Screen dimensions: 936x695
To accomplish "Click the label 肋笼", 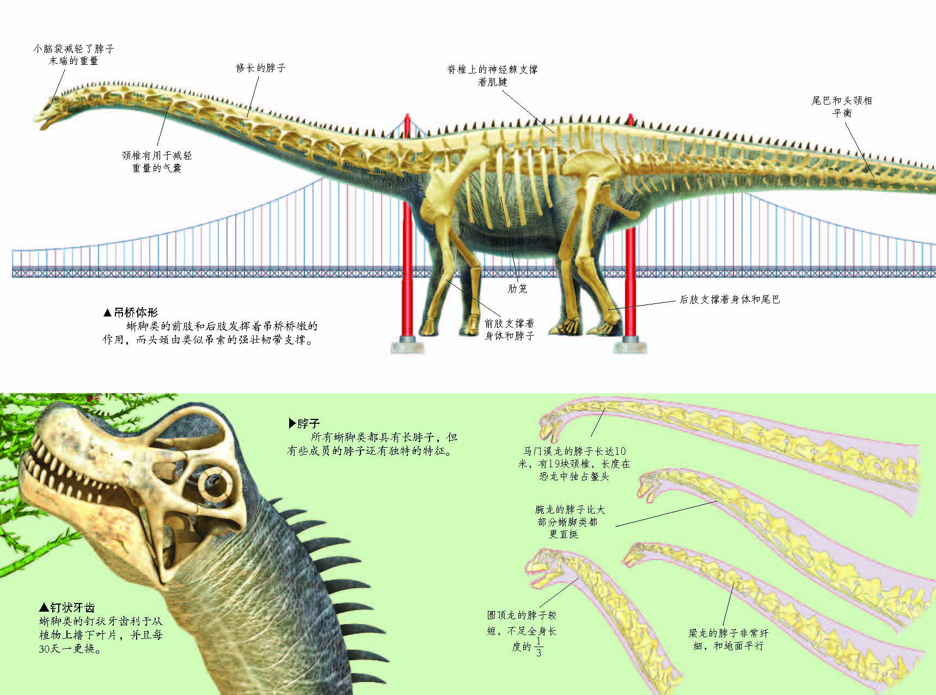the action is (517, 289).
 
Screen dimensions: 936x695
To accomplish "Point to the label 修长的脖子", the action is (261, 68).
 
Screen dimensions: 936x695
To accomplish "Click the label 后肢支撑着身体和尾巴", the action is (730, 299).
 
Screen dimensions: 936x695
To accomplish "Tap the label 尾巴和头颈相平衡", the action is (842, 107).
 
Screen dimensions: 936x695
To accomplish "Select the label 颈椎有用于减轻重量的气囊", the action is (157, 162).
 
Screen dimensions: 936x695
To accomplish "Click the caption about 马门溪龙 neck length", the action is (574, 464).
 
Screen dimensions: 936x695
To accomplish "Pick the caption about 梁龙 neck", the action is (729, 639).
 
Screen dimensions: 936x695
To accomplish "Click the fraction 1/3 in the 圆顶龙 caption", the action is (539, 647).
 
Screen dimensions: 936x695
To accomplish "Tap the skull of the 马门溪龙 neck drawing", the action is (553, 422).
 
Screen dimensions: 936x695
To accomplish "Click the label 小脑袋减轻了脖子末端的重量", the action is (74, 55).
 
